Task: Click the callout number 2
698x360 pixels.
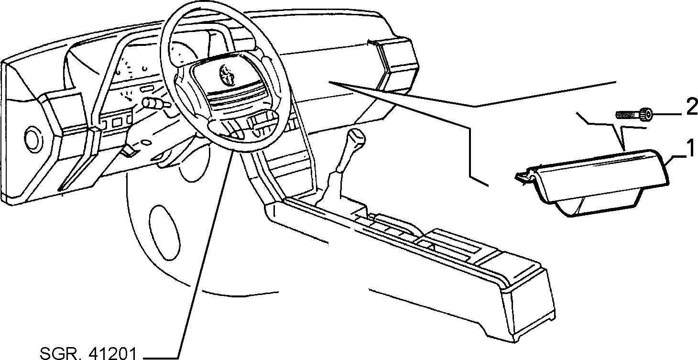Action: pyautogui.click(x=691, y=107)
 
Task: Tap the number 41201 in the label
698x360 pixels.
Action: pyautogui.click(x=112, y=353)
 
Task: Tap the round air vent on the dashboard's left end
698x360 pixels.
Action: pyautogui.click(x=33, y=139)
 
